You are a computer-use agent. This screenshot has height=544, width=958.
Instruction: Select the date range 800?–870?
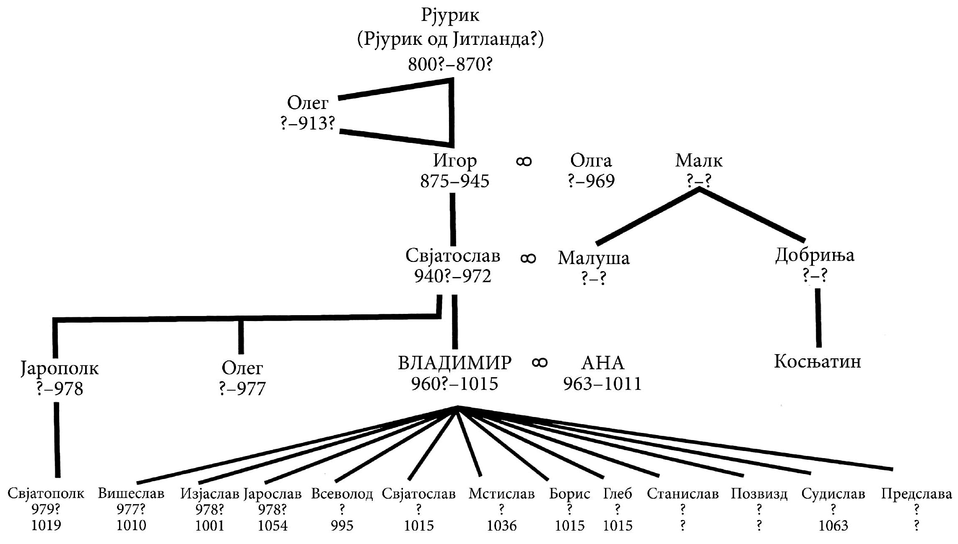click(450, 65)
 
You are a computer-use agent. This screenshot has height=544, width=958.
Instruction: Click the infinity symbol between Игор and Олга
click(524, 161)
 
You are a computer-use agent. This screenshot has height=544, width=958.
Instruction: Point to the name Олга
click(591, 161)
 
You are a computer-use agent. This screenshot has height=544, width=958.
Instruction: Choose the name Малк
click(699, 161)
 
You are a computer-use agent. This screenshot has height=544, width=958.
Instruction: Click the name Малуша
click(594, 258)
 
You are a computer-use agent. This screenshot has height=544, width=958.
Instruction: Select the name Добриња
click(815, 255)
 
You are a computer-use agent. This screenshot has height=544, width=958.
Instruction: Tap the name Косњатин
click(818, 361)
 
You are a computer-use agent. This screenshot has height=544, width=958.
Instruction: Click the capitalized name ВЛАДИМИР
click(455, 363)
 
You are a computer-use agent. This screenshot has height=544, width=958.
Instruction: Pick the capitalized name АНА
click(603, 363)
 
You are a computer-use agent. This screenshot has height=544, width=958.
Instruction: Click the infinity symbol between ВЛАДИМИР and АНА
click(540, 363)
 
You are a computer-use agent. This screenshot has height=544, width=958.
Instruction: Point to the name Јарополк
click(60, 369)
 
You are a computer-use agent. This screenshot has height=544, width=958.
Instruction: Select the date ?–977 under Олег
click(242, 389)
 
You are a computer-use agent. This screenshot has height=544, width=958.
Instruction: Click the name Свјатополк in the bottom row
click(46, 494)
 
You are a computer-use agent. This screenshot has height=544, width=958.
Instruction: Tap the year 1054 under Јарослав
click(273, 526)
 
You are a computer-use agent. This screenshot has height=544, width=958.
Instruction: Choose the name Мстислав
click(501, 494)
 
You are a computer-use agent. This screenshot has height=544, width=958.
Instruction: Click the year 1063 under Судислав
click(833, 526)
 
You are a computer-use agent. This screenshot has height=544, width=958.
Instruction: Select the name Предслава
click(916, 494)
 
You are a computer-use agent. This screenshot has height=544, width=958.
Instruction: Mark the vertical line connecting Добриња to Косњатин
click(818, 318)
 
